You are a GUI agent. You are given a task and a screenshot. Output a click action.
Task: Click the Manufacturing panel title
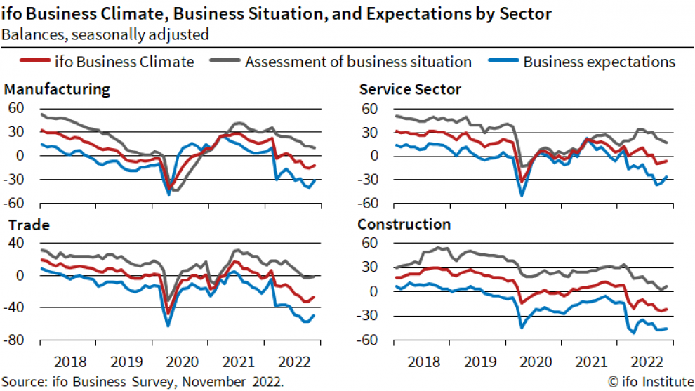pyautogui.click(x=57, y=89)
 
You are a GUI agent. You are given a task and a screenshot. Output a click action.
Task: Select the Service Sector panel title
pyautogui.click(x=409, y=89)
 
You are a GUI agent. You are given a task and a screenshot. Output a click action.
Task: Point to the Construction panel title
pyautogui.click(x=404, y=225)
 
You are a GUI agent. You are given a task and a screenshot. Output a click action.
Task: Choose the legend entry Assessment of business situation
pyautogui.click(x=358, y=62)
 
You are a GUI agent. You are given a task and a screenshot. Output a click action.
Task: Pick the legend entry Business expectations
pyautogui.click(x=599, y=62)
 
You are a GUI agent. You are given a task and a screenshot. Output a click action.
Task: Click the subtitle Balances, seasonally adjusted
pyautogui.click(x=105, y=33)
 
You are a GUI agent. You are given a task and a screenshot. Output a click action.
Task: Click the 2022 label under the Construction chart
pyautogui.click(x=647, y=362)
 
